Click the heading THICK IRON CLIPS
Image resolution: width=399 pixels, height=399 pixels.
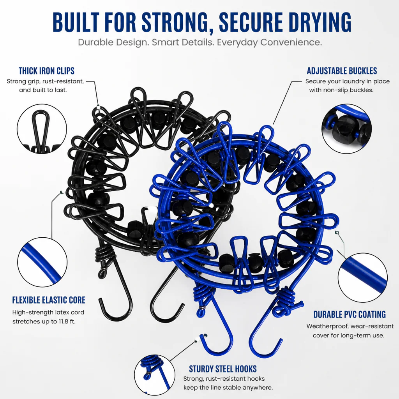[47, 71]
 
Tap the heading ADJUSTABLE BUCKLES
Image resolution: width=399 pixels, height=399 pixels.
[342, 71]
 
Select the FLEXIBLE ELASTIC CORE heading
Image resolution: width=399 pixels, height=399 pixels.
[49, 300]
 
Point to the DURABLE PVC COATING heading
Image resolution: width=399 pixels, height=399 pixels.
[350, 314]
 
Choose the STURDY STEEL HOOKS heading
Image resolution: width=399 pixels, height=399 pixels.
[222, 369]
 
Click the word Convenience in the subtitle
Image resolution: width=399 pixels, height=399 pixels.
[291, 42]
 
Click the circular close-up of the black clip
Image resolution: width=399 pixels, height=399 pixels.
[42, 129]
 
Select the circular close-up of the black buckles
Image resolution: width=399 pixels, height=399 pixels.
[346, 129]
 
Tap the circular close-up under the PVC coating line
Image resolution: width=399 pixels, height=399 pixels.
[363, 278]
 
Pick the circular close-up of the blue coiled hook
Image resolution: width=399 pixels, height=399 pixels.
[155, 375]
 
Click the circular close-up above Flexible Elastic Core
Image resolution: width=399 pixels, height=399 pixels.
[42, 262]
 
